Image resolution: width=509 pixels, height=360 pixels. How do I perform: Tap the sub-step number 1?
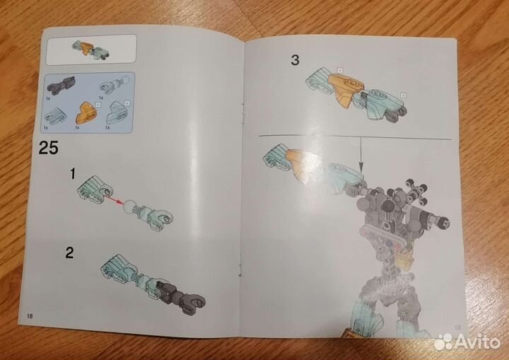(72, 173)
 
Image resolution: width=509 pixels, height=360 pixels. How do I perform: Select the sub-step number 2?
(69, 252)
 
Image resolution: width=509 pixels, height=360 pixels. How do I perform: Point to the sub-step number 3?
(295, 59)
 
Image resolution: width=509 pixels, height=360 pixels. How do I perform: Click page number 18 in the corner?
(29, 314)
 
